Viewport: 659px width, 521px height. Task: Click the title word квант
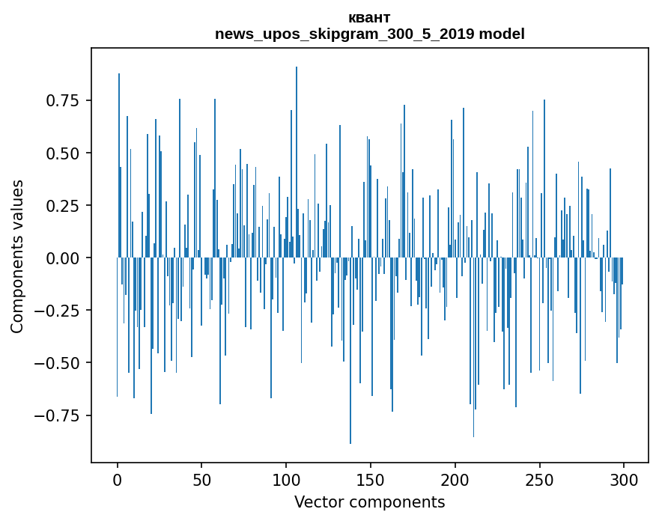pyautogui.click(x=369, y=18)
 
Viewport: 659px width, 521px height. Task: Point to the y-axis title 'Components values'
pyautogui.click(x=17, y=257)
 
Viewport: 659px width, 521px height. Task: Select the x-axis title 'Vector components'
pyautogui.click(x=369, y=502)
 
